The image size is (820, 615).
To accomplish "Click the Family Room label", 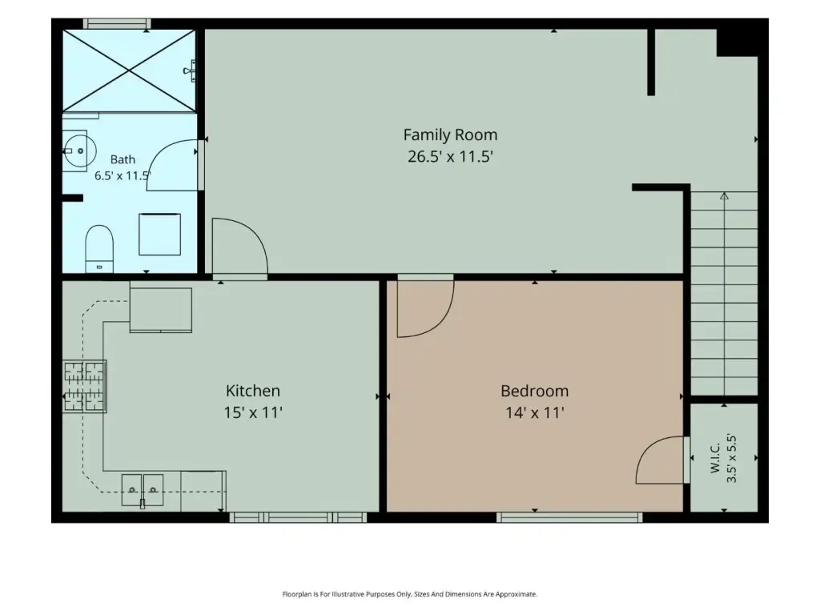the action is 450,135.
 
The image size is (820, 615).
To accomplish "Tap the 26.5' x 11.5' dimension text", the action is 450,156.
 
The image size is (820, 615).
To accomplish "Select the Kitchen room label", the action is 253,391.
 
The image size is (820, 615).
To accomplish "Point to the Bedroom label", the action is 534,391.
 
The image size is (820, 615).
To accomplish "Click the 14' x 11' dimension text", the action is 534,412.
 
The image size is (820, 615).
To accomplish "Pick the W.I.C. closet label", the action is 715,457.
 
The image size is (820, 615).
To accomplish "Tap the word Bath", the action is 123,159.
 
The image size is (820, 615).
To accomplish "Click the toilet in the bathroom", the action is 99,248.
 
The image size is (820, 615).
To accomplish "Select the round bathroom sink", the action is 79,151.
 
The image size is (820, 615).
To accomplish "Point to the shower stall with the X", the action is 129,70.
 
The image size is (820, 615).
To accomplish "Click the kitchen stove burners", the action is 85,387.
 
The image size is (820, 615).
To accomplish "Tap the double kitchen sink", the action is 143,490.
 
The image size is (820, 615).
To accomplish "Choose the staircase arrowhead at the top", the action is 724,196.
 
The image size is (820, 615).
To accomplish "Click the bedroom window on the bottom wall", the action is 569,518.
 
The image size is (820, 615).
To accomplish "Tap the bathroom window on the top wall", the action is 117,23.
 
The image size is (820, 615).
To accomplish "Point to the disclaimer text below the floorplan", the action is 410,594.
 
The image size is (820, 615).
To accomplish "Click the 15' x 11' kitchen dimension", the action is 253,412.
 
